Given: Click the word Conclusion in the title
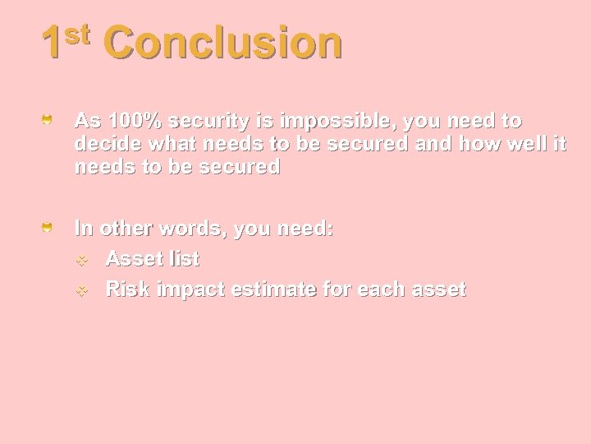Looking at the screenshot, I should [222, 44].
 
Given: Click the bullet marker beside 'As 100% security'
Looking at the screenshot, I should [48, 121].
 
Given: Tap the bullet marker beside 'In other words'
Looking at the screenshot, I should [48, 226].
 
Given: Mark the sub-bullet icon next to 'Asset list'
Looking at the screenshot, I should [82, 260].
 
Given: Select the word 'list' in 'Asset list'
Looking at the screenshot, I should [182, 259].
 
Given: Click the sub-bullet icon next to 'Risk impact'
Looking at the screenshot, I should [82, 290].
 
